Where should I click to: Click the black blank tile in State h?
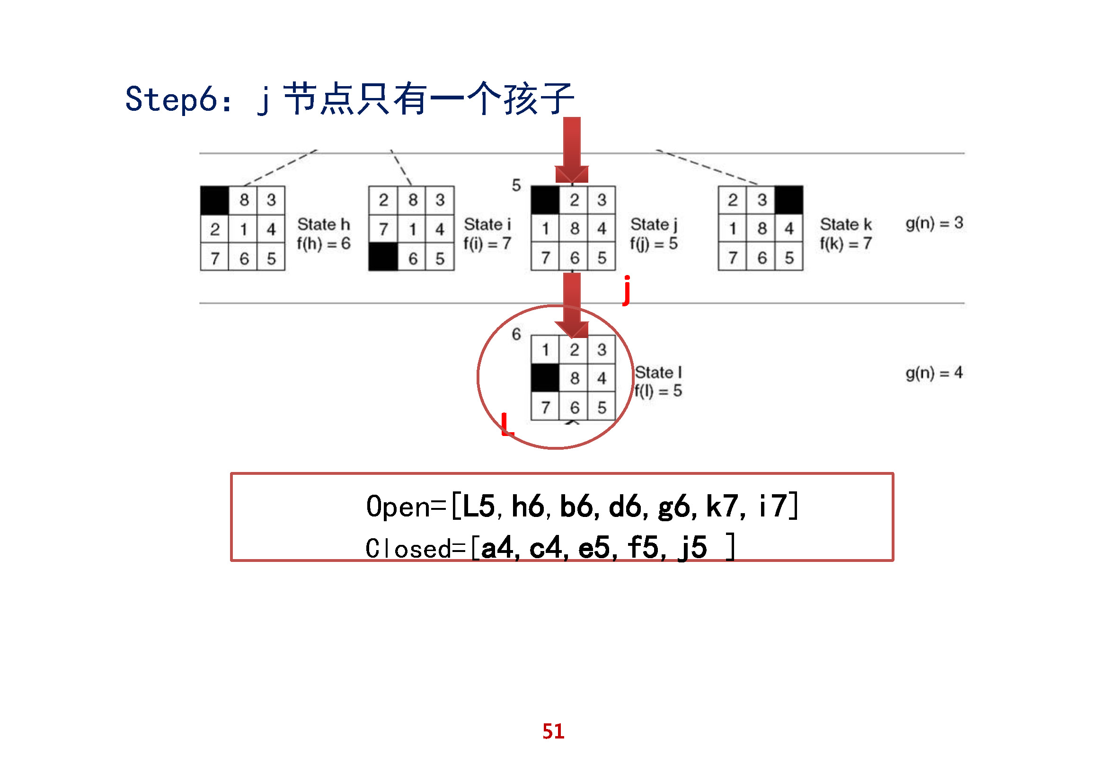point(214,200)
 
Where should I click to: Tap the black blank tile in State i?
point(383,258)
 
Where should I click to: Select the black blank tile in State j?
point(545,200)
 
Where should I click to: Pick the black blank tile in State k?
point(789,200)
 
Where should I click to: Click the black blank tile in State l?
point(545,378)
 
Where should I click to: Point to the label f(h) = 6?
point(324,244)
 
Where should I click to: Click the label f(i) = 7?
point(487,244)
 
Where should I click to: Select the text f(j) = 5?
point(653,244)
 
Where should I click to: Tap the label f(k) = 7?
point(845,244)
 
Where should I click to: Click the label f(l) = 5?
point(658,391)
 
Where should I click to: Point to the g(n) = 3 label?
point(934,223)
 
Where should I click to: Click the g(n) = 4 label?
point(934,373)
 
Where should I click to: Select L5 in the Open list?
point(479,506)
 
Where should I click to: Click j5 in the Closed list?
point(692,548)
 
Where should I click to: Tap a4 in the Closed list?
point(496,548)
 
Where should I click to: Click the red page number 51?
point(553,731)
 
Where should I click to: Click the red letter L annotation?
point(507,424)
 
